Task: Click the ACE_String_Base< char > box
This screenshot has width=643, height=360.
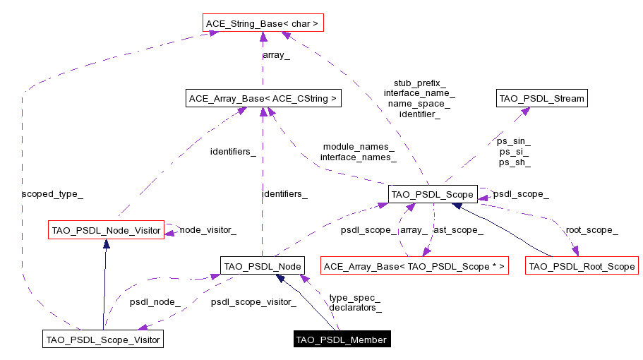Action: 262,24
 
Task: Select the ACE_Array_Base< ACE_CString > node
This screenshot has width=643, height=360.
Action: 263,99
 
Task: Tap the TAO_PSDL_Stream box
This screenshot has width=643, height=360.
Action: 541,98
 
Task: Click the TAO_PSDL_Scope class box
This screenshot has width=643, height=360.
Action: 433,193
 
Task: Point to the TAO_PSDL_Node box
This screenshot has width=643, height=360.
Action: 263,266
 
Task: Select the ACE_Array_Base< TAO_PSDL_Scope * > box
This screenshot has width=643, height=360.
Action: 414,266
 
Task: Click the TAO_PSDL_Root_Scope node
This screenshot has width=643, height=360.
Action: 582,266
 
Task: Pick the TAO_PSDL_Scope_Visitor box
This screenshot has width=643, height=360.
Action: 103,340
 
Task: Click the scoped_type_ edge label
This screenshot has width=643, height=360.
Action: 47,193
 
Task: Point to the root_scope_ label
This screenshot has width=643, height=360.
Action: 591,230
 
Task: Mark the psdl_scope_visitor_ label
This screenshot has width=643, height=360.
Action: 253,302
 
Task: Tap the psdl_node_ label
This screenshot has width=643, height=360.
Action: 155,302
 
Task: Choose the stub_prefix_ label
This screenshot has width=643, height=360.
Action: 419,83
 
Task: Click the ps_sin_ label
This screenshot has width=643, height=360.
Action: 514,141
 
